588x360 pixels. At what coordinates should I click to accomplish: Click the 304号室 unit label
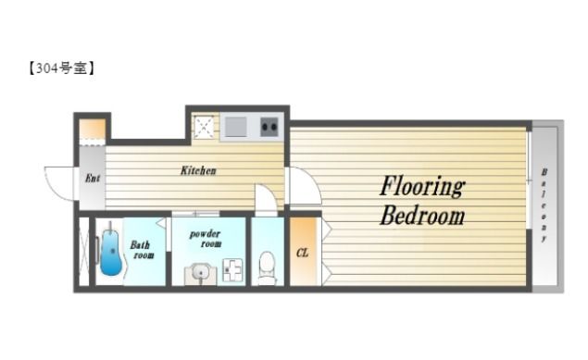61,68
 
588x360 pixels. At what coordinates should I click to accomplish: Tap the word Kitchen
198,171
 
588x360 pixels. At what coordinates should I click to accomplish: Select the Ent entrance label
93,178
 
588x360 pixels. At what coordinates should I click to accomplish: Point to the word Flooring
422,187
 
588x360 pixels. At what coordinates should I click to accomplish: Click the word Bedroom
422,216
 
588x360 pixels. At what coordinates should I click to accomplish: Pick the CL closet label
302,253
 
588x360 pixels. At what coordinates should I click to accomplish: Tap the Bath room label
142,250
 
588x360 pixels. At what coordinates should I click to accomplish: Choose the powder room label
206,239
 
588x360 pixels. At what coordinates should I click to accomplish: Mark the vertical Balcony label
544,205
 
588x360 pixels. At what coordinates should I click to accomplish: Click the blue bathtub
110,250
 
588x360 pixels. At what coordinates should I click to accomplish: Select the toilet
267,268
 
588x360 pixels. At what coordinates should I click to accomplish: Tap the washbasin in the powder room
200,273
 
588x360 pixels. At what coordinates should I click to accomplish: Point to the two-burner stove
269,127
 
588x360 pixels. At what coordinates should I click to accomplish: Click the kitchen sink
235,127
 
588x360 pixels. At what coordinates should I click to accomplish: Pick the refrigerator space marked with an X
204,127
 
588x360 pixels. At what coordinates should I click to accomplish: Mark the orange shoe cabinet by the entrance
93,130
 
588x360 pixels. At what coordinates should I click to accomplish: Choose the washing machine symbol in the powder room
232,269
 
